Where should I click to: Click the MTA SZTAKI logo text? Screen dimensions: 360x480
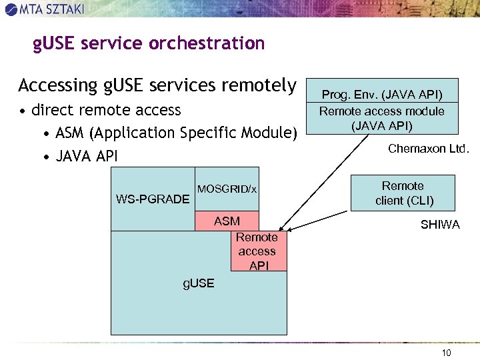(52, 9)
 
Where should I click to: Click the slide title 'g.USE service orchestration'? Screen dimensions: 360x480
(149, 44)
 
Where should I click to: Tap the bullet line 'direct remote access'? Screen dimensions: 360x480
(106, 109)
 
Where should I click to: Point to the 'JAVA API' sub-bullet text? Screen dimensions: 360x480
(87, 157)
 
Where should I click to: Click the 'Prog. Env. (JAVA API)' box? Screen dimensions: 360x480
(382, 94)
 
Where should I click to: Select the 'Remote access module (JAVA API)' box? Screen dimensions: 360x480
(382, 118)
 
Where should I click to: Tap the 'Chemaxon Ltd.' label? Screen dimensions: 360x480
(429, 149)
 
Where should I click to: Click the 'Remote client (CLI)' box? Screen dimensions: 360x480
(403, 193)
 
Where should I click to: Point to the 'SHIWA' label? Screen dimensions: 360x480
(440, 225)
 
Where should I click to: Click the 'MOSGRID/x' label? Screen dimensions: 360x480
(227, 189)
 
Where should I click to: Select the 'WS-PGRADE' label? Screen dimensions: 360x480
(153, 199)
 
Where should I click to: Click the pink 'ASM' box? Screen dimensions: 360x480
(227, 221)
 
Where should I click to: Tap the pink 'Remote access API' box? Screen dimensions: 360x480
(258, 251)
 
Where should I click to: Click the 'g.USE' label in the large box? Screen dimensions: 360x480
(199, 283)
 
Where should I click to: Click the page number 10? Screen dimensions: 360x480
(446, 352)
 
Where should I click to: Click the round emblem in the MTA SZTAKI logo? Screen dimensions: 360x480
(11, 9)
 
